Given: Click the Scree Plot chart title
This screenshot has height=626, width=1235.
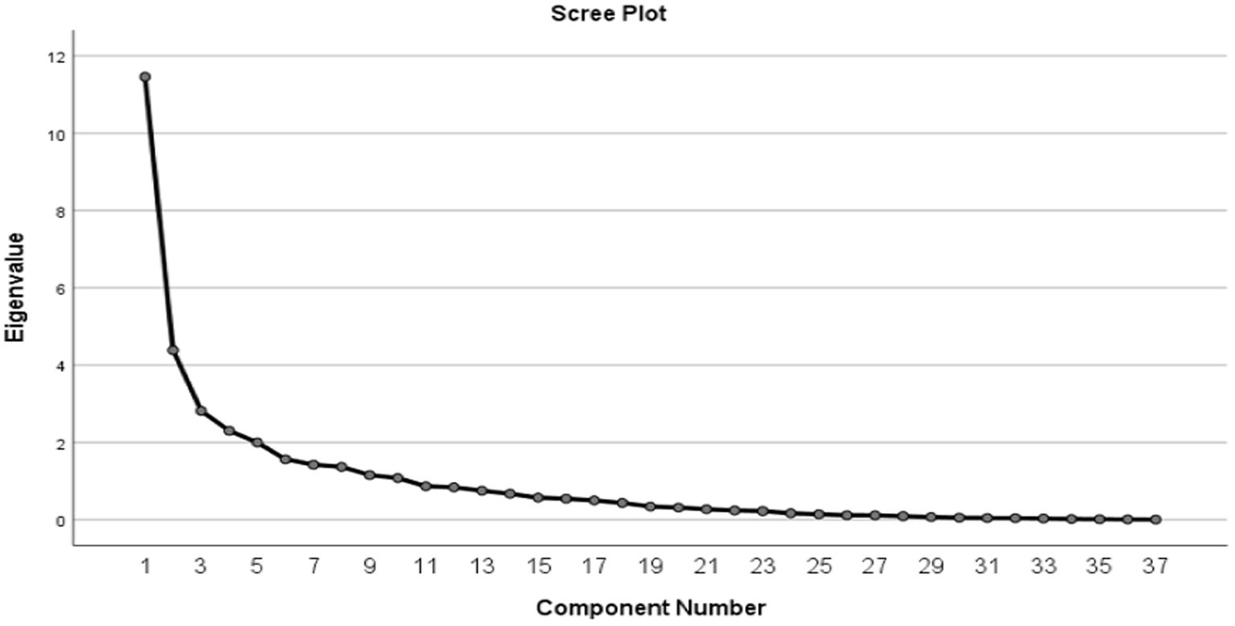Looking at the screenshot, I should [x=608, y=14].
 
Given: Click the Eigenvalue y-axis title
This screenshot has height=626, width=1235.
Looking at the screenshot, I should [x=15, y=287].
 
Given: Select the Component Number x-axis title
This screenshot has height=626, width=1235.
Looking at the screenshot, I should [x=650, y=607].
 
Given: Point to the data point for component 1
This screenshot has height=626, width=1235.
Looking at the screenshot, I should [x=145, y=77].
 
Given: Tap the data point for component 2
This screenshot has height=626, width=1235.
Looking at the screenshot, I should [x=173, y=350].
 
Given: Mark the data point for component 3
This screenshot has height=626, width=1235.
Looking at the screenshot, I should [x=201, y=411].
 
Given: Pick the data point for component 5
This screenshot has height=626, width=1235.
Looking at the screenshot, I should [x=257, y=443].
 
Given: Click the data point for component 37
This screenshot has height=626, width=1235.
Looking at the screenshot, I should [x=1156, y=520].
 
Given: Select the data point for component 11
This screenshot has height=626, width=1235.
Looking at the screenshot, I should [x=426, y=486].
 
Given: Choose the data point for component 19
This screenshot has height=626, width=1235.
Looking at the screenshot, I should [x=650, y=506].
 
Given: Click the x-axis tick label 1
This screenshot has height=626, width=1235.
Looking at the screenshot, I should [x=146, y=567].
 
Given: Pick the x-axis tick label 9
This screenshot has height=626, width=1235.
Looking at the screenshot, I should [x=370, y=567].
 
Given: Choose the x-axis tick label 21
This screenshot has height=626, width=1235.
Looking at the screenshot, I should [x=706, y=567].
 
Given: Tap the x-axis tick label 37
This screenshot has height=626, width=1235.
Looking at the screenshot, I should [x=1156, y=567].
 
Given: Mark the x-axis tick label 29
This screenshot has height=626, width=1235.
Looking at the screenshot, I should [x=931, y=567].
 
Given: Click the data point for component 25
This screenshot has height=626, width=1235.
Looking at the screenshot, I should [x=819, y=514].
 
